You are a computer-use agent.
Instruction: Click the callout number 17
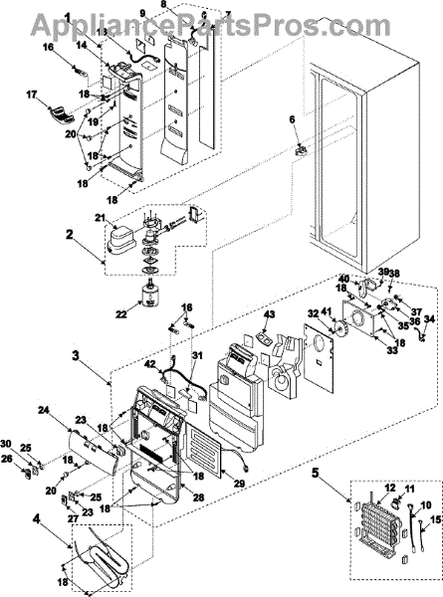point(32,95)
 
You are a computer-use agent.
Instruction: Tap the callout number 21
point(101,218)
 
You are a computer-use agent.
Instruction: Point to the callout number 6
point(292,119)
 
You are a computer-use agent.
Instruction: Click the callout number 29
point(240,484)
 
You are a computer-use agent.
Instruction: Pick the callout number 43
point(269,314)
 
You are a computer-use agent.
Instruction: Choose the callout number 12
point(380,489)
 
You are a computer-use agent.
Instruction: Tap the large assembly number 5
point(316,473)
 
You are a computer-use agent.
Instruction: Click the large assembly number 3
point(76,356)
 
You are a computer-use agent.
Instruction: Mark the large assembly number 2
point(69,234)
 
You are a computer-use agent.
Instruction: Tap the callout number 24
point(44,410)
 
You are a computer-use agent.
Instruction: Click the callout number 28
point(198,497)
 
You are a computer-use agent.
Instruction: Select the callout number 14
point(81,46)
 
